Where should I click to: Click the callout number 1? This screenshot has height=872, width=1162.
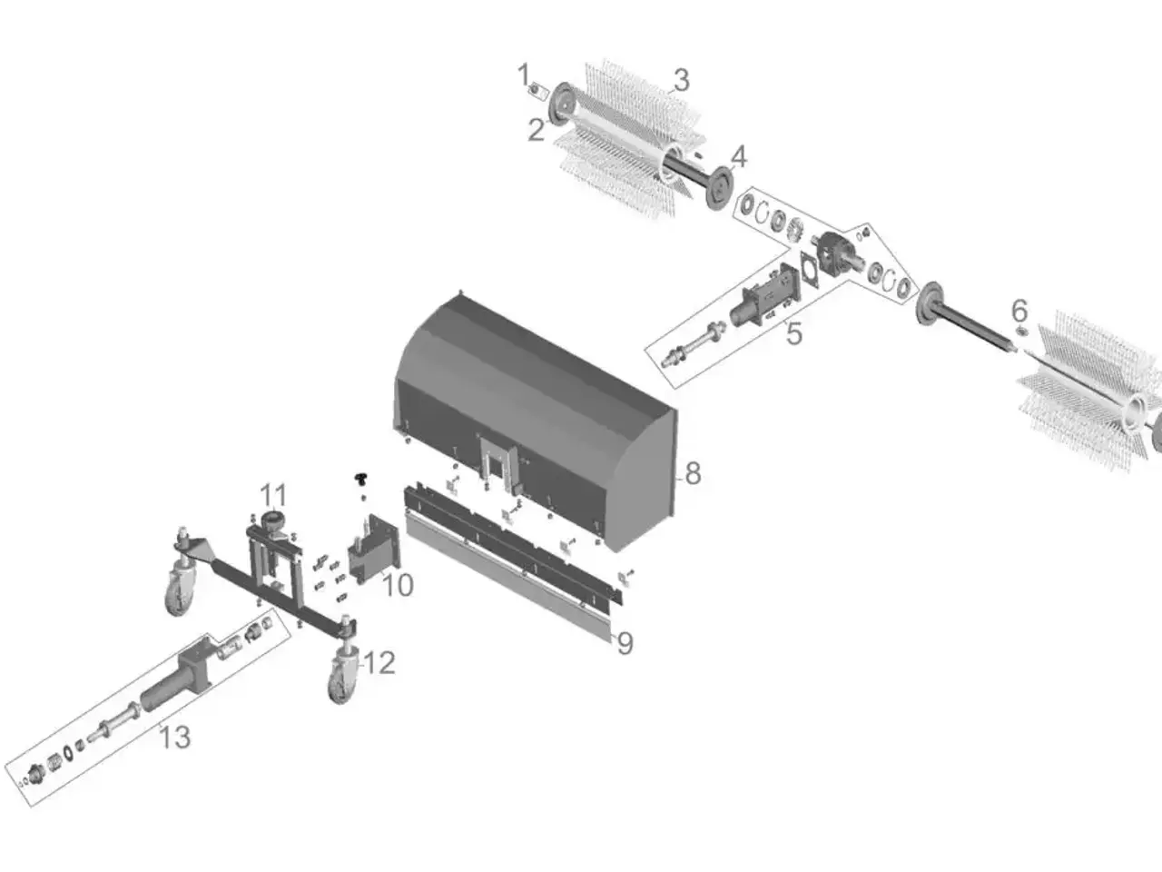pos(524,74)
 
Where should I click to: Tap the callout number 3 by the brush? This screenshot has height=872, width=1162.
pos(682,81)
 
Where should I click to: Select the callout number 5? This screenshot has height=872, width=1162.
pos(794,334)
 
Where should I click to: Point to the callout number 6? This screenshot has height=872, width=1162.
pos(1019,311)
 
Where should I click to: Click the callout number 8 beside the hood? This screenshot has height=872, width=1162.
pos(693,473)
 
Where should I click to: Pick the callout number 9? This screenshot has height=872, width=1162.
pos(625,643)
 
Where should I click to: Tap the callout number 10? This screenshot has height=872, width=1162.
pos(398,585)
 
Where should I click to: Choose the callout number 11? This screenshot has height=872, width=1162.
pos(273,496)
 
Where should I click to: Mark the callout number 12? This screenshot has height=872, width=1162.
pos(379,663)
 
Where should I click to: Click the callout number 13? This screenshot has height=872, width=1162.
pos(174,737)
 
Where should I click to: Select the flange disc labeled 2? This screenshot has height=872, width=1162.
pos(562,104)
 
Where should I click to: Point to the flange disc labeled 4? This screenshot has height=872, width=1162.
pos(719,189)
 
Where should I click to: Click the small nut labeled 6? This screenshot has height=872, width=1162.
pos(1021,332)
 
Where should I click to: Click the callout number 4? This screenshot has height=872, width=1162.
pos(738,157)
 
